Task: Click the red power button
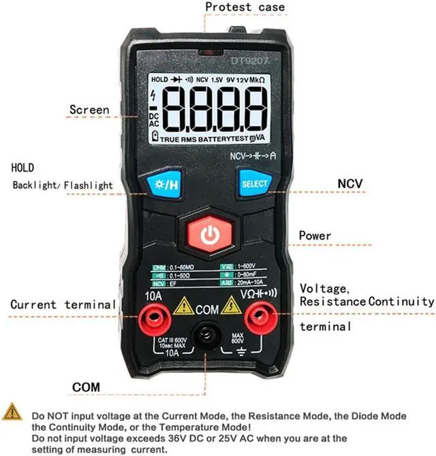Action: pyautogui.click(x=211, y=235)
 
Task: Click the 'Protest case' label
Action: pyautogui.click(x=245, y=7)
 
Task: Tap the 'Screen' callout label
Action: pyautogui.click(x=89, y=110)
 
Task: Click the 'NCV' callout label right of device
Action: pyautogui.click(x=350, y=184)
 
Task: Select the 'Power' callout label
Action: pyautogui.click(x=315, y=235)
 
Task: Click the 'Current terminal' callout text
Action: pyautogui.click(x=63, y=304)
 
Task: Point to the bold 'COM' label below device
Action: pyautogui.click(x=86, y=387)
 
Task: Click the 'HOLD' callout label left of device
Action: pyautogui.click(x=22, y=167)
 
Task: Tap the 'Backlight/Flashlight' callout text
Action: pyautogui.click(x=62, y=185)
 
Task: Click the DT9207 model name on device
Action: pyautogui.click(x=249, y=61)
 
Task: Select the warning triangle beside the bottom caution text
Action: pyautogui.click(x=12, y=411)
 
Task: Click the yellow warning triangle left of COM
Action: pyautogui.click(x=183, y=307)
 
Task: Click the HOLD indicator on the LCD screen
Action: pyautogui.click(x=159, y=80)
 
